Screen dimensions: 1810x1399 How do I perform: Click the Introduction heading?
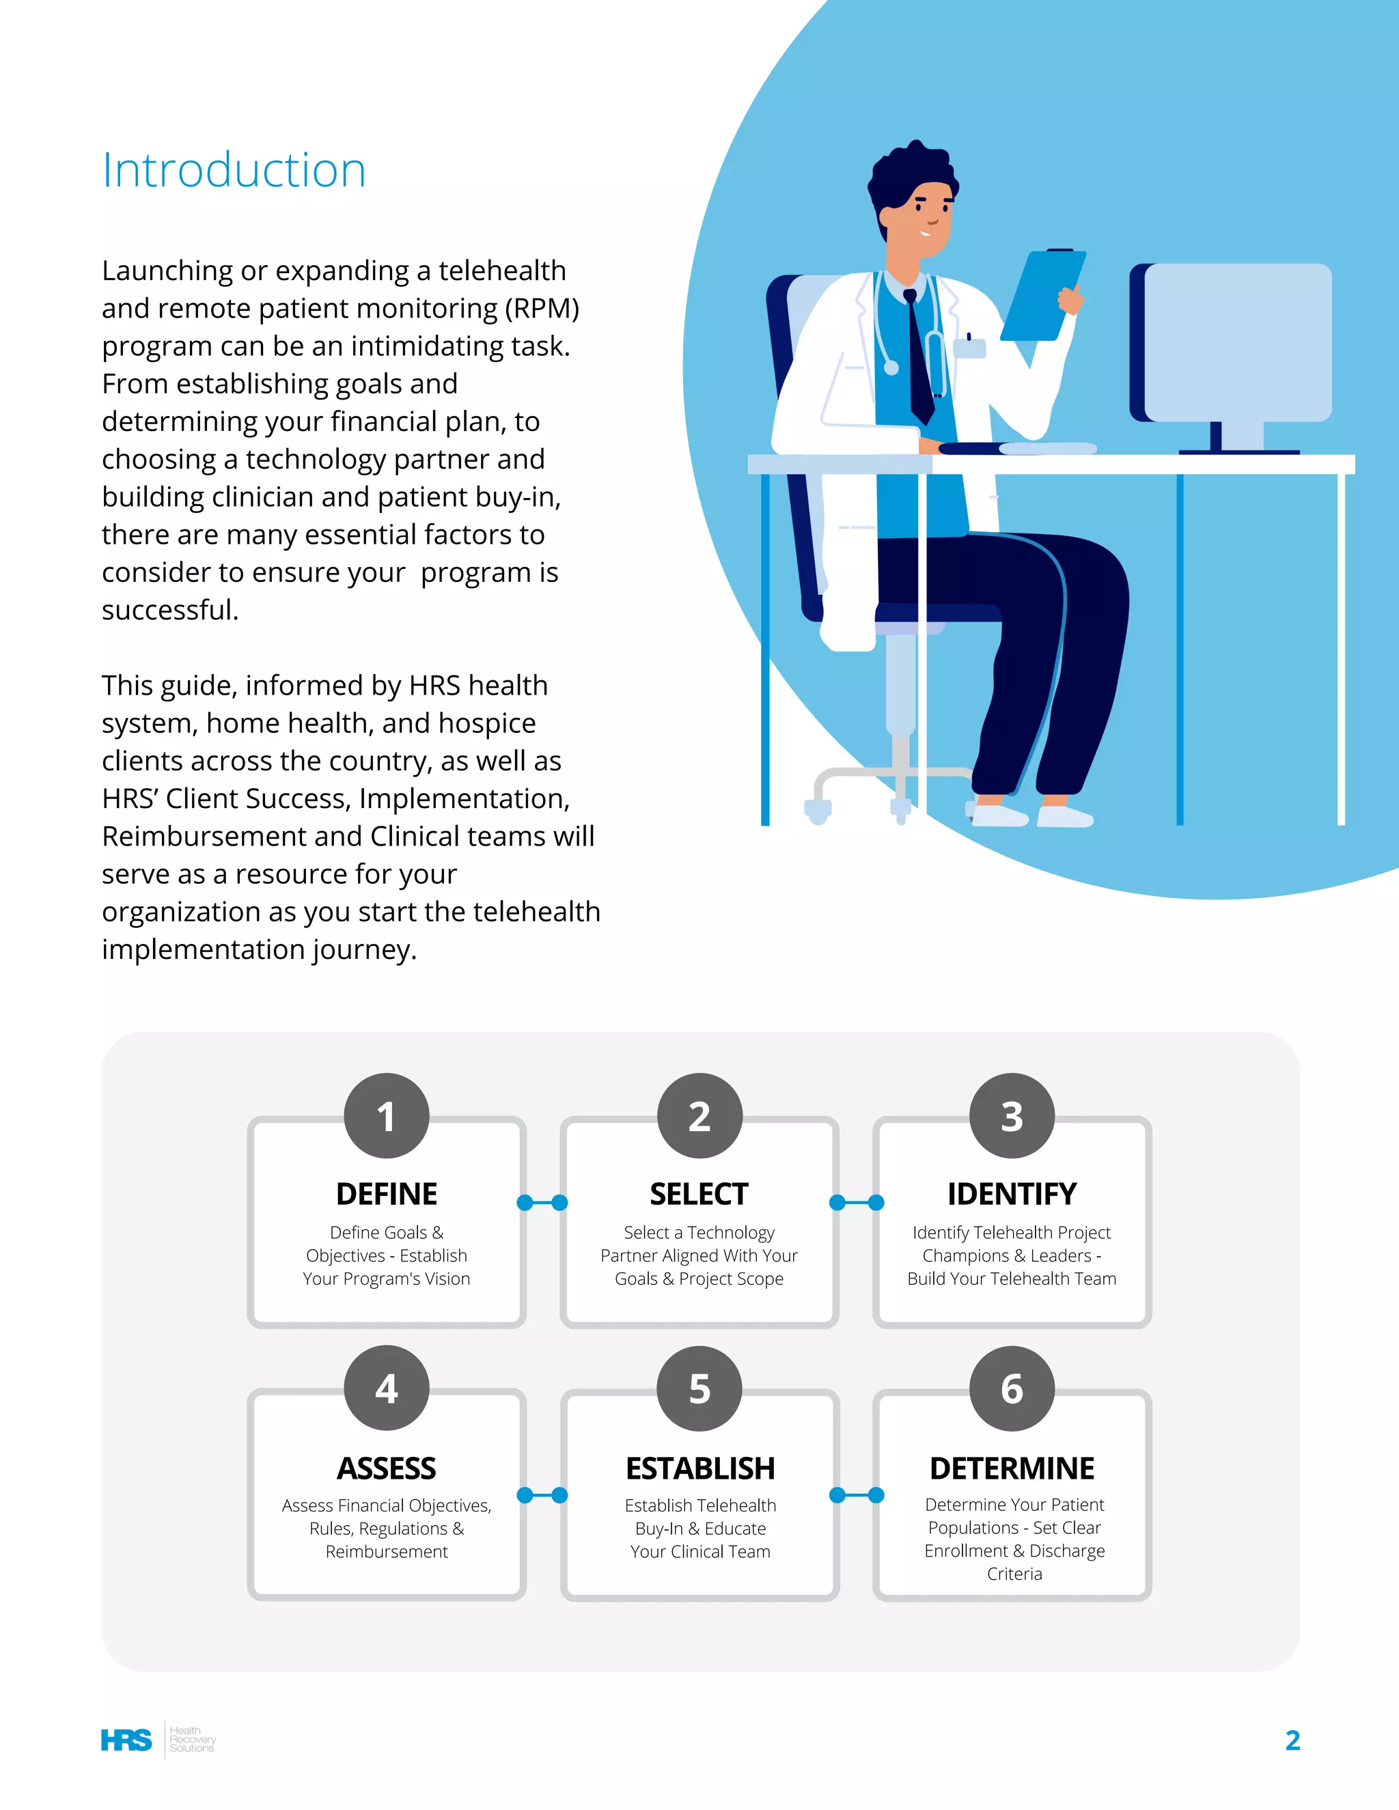point(234,171)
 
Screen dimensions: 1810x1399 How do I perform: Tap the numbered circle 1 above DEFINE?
point(386,1115)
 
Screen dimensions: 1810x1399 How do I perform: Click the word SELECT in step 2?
point(699,1193)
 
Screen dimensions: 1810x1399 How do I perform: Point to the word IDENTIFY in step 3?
point(1011,1193)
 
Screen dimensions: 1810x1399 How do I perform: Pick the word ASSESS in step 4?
point(386,1468)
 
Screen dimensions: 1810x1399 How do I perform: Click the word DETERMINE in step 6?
point(1011,1468)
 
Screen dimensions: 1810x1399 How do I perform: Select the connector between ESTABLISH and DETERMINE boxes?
point(856,1495)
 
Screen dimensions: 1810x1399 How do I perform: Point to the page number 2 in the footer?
point(1292,1740)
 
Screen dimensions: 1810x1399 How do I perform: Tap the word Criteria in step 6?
point(1014,1574)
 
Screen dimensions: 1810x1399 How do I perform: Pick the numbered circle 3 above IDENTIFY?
point(1011,1115)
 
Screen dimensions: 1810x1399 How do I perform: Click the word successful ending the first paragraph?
point(170,610)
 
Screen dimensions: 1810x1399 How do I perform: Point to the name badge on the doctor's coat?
point(969,347)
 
